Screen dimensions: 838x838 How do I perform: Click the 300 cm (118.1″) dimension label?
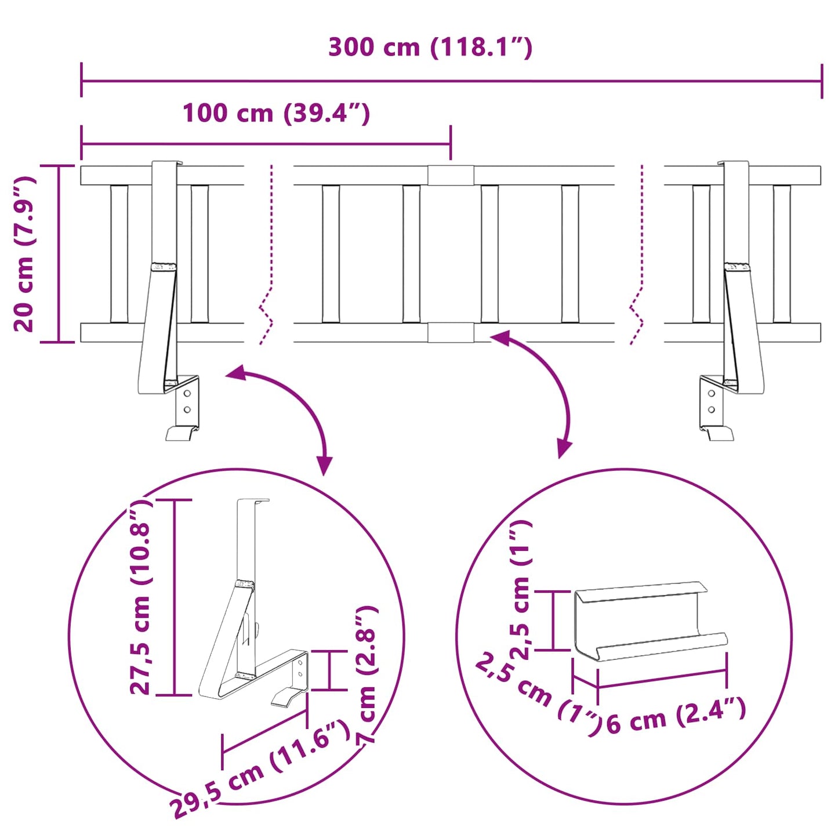tap(430, 48)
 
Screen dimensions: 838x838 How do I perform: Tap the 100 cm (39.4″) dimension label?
tap(276, 113)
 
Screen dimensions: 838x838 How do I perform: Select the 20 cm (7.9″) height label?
tap(25, 253)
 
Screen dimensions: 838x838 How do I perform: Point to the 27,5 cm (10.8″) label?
tap(141, 597)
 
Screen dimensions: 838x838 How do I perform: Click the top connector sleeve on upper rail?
tap(451, 175)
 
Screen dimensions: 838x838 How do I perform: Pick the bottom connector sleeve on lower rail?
tap(451, 333)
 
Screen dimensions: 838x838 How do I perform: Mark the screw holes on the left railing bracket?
tap(187, 401)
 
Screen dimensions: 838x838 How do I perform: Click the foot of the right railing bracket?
tap(718, 433)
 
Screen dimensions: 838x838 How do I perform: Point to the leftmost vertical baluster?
tap(119, 253)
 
